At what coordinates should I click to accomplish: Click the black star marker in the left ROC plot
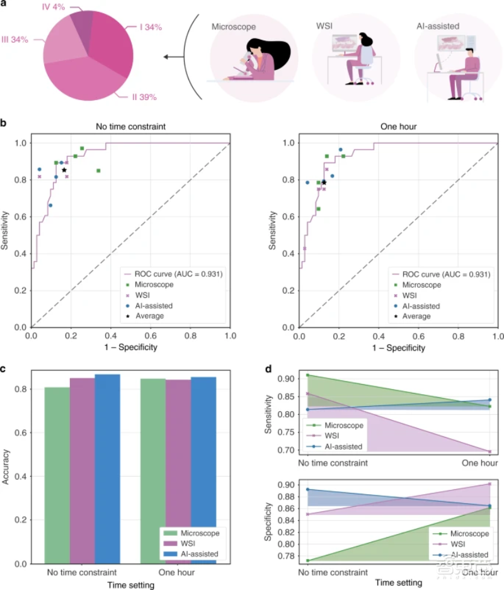pos(64,170)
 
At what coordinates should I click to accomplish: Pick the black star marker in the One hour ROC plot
pos(324,182)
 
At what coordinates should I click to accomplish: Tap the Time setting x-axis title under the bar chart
pos(121,584)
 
